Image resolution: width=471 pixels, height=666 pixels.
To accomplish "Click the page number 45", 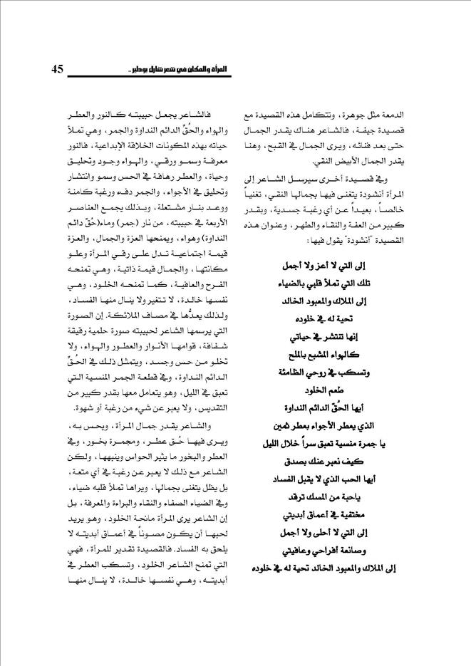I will coord(58,69).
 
